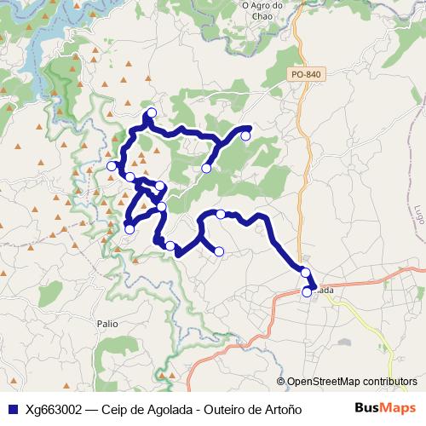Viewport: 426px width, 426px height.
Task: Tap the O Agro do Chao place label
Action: [268, 8]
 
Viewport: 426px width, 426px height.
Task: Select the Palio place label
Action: [107, 324]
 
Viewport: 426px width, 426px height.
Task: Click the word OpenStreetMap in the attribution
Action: [325, 382]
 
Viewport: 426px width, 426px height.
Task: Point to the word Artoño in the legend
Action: [281, 409]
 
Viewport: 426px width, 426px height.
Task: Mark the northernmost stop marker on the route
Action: [152, 113]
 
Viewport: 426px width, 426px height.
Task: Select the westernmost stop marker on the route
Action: [112, 165]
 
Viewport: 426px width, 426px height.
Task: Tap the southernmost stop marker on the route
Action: [308, 292]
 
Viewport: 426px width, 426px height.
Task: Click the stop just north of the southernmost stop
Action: [305, 273]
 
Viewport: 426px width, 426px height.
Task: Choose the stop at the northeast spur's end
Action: [245, 135]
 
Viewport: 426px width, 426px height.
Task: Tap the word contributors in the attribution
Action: [390, 382]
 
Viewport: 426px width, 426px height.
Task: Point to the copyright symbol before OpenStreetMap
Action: [281, 382]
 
